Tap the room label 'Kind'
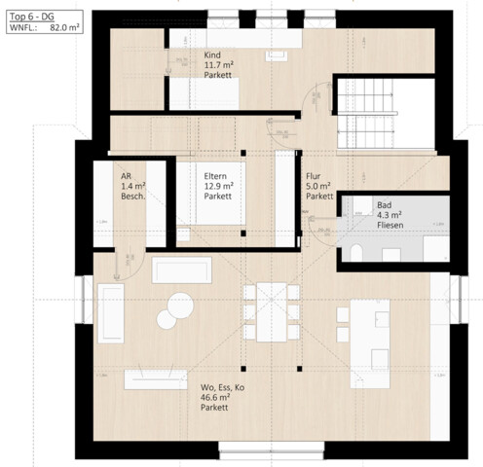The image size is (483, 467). pyautogui.click(x=213, y=55)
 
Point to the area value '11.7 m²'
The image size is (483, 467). pyautogui.click(x=219, y=66)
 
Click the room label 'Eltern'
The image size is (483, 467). pyautogui.click(x=216, y=176)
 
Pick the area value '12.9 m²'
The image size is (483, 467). pyautogui.click(x=219, y=186)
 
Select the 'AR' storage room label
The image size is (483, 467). pyautogui.click(x=127, y=176)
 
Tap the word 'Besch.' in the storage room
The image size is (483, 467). pyautogui.click(x=133, y=197)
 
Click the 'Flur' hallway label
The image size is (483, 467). pyautogui.click(x=313, y=176)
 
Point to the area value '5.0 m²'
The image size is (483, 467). pyautogui.click(x=317, y=186)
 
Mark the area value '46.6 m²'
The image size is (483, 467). pyautogui.click(x=215, y=397)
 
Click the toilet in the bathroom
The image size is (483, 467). pyautogui.click(x=355, y=254)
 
